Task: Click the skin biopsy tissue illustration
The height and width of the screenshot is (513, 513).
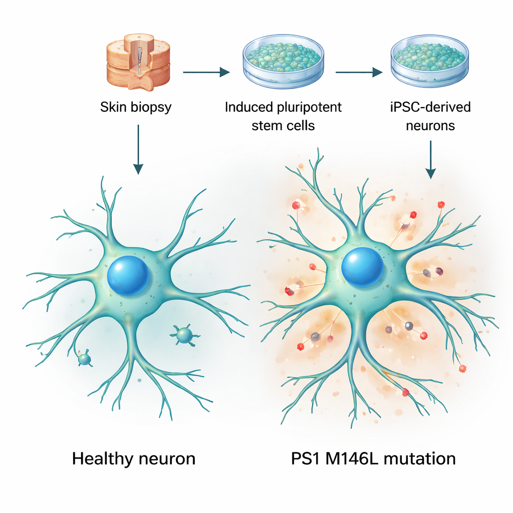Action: point(138,61)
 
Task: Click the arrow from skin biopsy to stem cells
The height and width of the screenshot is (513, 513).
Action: point(206,73)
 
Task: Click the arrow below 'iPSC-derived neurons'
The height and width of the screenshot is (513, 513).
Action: point(430,159)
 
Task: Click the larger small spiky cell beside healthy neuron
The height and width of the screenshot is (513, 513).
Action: point(184,335)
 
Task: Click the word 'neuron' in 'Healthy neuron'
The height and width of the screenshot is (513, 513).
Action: point(166,458)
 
